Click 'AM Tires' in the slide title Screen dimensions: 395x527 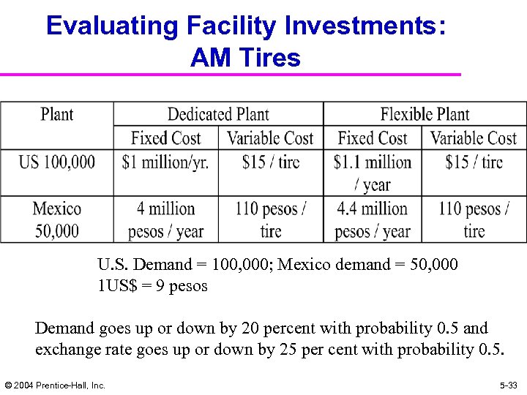pyautogui.click(x=245, y=57)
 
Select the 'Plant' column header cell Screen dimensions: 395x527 pyautogui.click(x=57, y=115)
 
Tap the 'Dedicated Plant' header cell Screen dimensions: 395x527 pyautogui.click(x=218, y=114)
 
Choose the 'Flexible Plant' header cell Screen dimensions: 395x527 pyautogui.click(x=425, y=114)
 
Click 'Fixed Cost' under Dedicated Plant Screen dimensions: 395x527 pyautogui.click(x=165, y=138)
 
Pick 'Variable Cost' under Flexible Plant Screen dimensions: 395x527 pyautogui.click(x=474, y=138)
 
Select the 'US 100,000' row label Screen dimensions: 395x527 pyautogui.click(x=57, y=162)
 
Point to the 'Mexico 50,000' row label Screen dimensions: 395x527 pyautogui.click(x=57, y=219)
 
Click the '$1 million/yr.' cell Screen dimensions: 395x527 pyautogui.click(x=165, y=162)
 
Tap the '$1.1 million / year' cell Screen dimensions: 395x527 pyautogui.click(x=373, y=173)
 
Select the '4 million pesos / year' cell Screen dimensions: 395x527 pyautogui.click(x=165, y=219)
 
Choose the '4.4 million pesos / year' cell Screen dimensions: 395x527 pyautogui.click(x=373, y=219)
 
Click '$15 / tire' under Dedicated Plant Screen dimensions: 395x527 pyautogui.click(x=271, y=162)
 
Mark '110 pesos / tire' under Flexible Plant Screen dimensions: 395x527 pyautogui.click(x=474, y=219)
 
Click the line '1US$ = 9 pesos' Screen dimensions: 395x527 pyautogui.click(x=152, y=286)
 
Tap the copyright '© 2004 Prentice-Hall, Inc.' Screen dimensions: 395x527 pyautogui.click(x=55, y=385)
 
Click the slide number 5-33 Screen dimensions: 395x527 pyautogui.click(x=508, y=385)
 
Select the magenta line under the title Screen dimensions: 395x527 pyautogui.click(x=230, y=75)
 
